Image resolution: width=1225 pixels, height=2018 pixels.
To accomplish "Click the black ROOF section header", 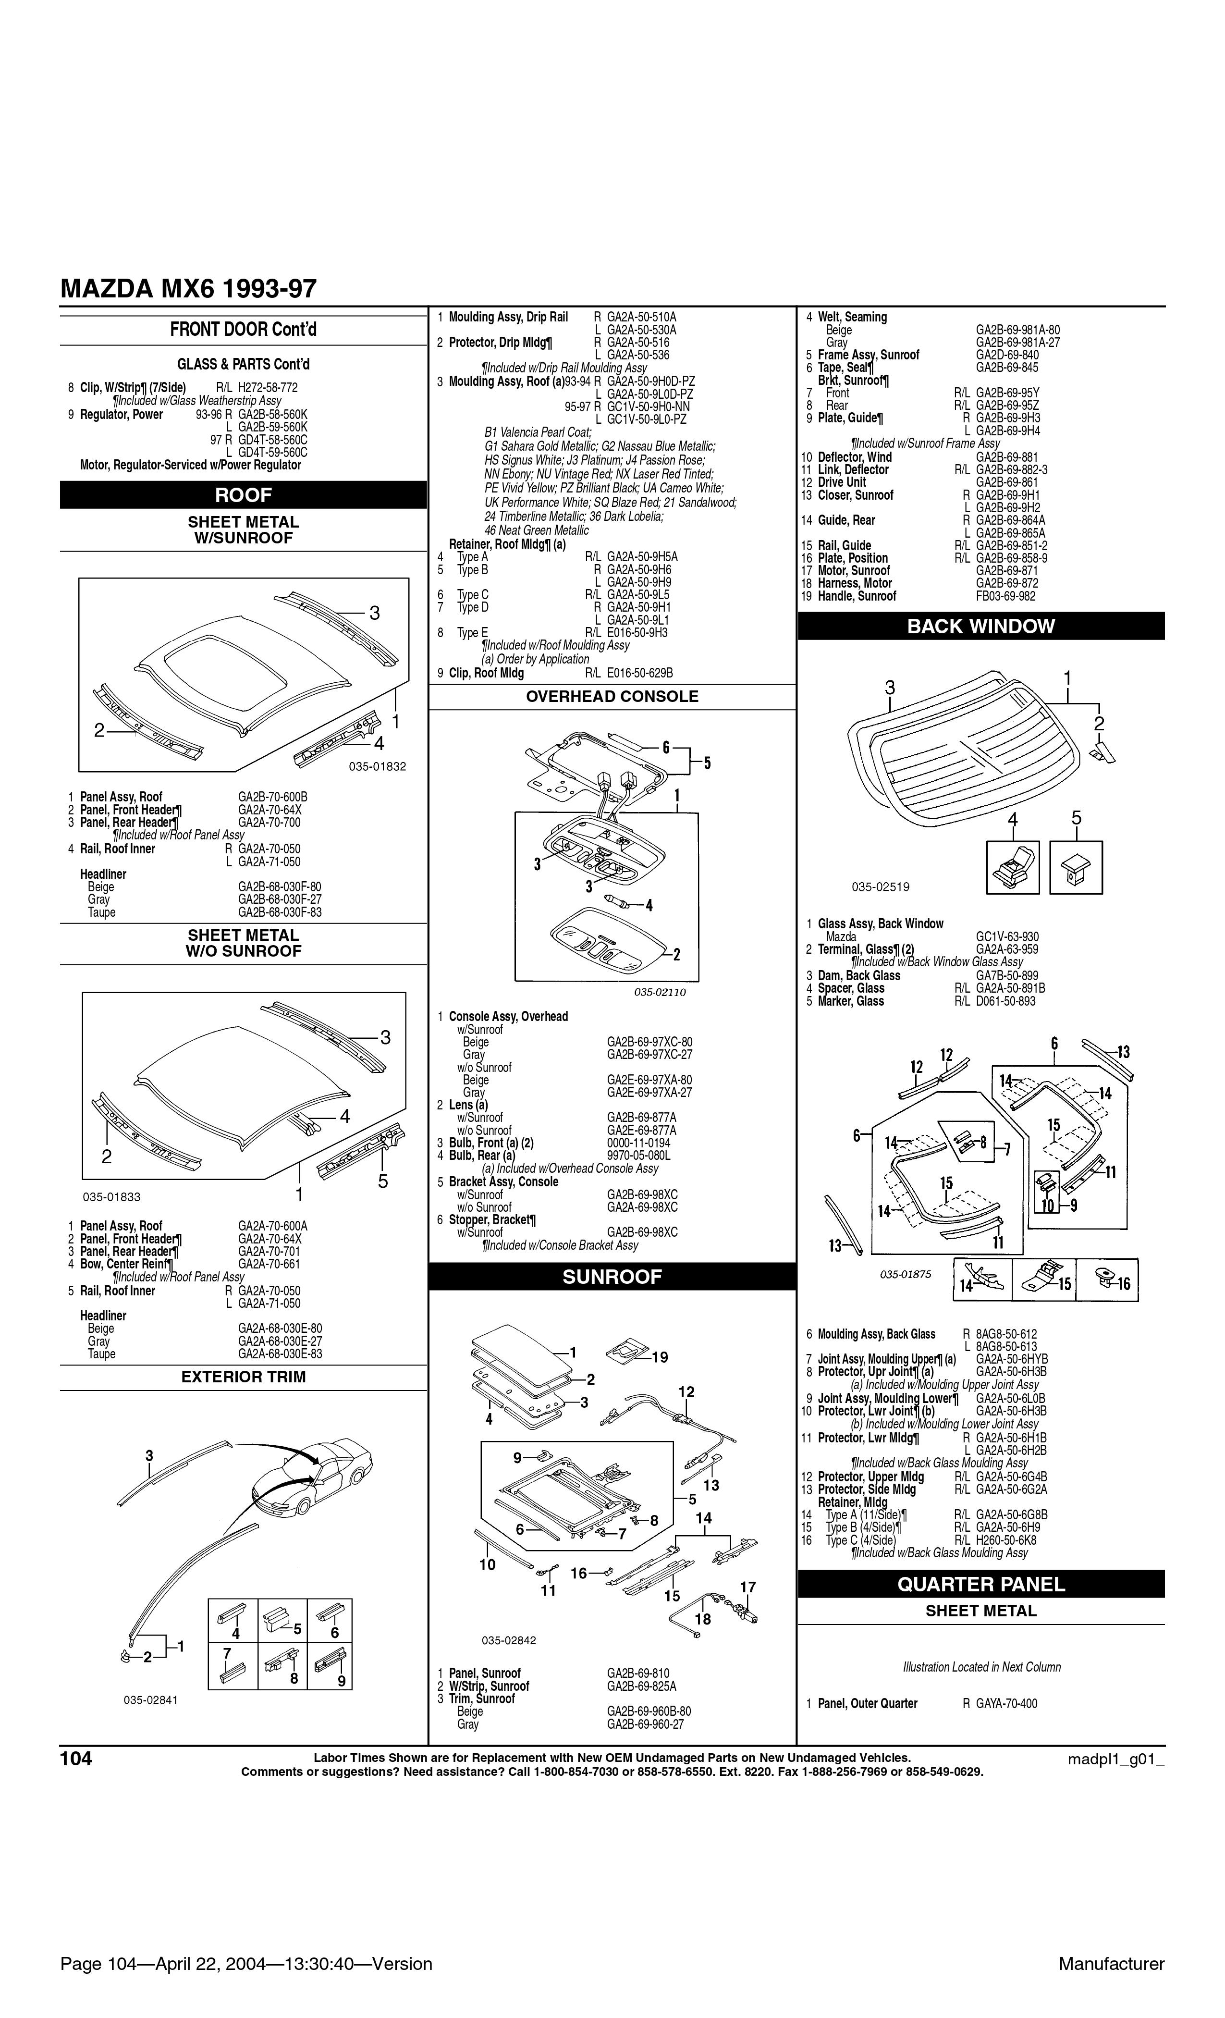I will pyautogui.click(x=243, y=495).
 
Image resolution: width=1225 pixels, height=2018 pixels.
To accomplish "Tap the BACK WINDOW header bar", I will pyautogui.click(x=981, y=627).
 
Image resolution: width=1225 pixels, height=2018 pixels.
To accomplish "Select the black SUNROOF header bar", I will pyautogui.click(x=612, y=1277).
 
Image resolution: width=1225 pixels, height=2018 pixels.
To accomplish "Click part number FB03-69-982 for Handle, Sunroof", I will pyautogui.click(x=1005, y=596).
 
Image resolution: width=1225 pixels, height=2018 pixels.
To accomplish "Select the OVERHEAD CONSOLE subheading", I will pyautogui.click(x=612, y=697).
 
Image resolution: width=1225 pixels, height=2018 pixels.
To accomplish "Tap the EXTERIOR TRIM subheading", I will pyautogui.click(x=243, y=1377).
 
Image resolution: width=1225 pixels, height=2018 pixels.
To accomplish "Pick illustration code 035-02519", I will pyautogui.click(x=880, y=886).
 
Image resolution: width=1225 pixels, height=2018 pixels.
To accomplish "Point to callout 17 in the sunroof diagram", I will pyautogui.click(x=747, y=1587).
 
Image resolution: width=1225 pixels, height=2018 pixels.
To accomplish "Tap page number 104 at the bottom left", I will pyautogui.click(x=76, y=1759).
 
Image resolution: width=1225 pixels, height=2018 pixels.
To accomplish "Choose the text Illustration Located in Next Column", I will pyautogui.click(x=981, y=1667).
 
